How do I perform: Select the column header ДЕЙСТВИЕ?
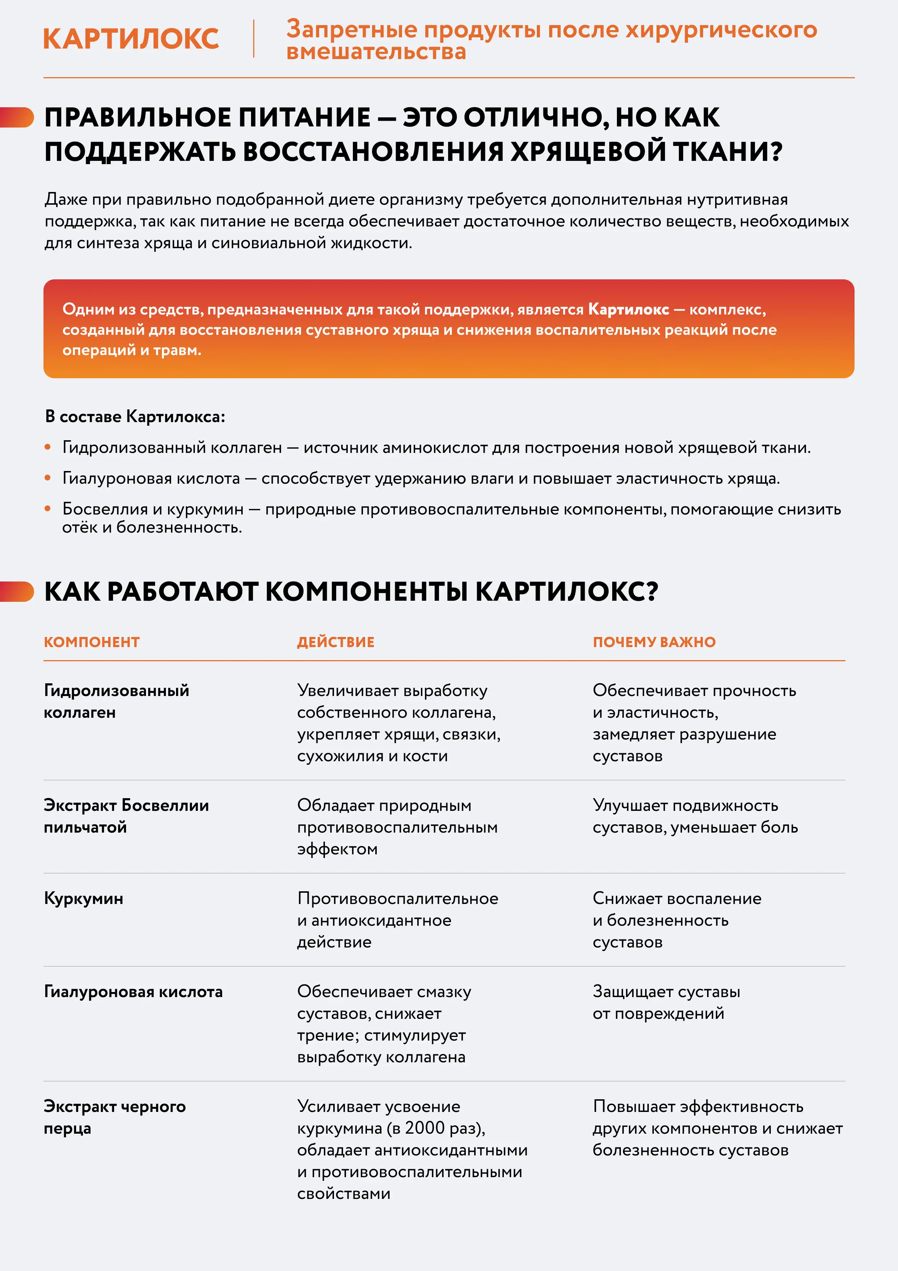click(x=335, y=642)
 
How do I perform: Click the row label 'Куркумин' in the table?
click(x=84, y=899)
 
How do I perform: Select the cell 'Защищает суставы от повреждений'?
click(x=666, y=1003)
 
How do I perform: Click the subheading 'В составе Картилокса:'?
click(x=135, y=416)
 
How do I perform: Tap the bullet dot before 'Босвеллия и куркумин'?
click(x=47, y=509)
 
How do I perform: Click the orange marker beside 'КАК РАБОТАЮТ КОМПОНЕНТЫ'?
click(x=18, y=591)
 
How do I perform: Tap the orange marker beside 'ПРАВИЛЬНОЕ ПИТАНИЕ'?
click(x=18, y=117)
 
